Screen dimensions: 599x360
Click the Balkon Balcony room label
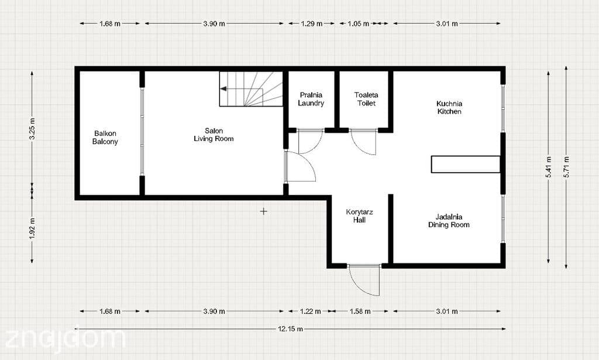(105, 138)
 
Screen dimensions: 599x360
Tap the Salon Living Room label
(214, 135)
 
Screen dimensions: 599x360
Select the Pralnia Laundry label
(311, 99)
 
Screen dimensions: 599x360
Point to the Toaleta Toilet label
(366, 99)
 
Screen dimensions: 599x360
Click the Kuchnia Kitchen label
(449, 107)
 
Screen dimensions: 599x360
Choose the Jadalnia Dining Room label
(449, 221)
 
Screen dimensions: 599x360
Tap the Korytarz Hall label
(360, 216)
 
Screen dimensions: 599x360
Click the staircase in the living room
(251, 89)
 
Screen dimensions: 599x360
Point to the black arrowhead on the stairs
(223, 89)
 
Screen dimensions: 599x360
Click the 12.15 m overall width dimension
(290, 328)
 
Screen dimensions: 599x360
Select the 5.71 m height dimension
(566, 167)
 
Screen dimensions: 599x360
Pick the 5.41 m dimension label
(549, 167)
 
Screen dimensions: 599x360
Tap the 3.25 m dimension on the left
(32, 129)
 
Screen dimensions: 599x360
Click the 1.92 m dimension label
(32, 228)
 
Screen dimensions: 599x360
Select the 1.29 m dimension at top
(312, 23)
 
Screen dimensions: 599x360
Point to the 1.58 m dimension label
(360, 311)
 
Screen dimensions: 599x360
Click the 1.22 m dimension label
(311, 311)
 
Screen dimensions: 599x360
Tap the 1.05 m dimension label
(359, 23)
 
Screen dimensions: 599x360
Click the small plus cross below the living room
(264, 211)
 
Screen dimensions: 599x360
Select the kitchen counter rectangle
(466, 164)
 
